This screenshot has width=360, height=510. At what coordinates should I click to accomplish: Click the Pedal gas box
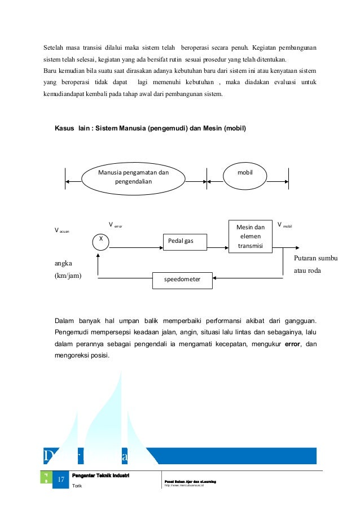(185, 241)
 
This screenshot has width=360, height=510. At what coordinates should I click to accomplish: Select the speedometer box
(183, 278)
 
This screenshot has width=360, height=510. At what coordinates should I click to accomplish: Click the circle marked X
(100, 241)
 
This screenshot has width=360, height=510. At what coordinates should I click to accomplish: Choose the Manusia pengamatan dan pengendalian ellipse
(133, 177)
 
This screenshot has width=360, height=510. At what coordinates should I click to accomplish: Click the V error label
(115, 225)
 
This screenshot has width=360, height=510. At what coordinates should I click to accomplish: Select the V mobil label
(283, 225)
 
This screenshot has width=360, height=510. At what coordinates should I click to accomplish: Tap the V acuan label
(62, 230)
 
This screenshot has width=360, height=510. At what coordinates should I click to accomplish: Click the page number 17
(60, 480)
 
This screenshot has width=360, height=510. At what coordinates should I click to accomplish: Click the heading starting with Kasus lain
(150, 128)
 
